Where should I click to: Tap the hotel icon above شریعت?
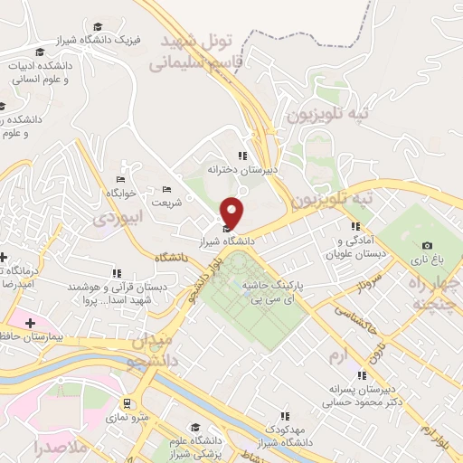point(166,189)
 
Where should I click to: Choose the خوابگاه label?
point(120,193)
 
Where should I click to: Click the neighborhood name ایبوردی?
point(118,218)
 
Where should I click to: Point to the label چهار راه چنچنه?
point(436,293)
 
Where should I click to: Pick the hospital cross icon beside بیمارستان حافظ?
point(30,323)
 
